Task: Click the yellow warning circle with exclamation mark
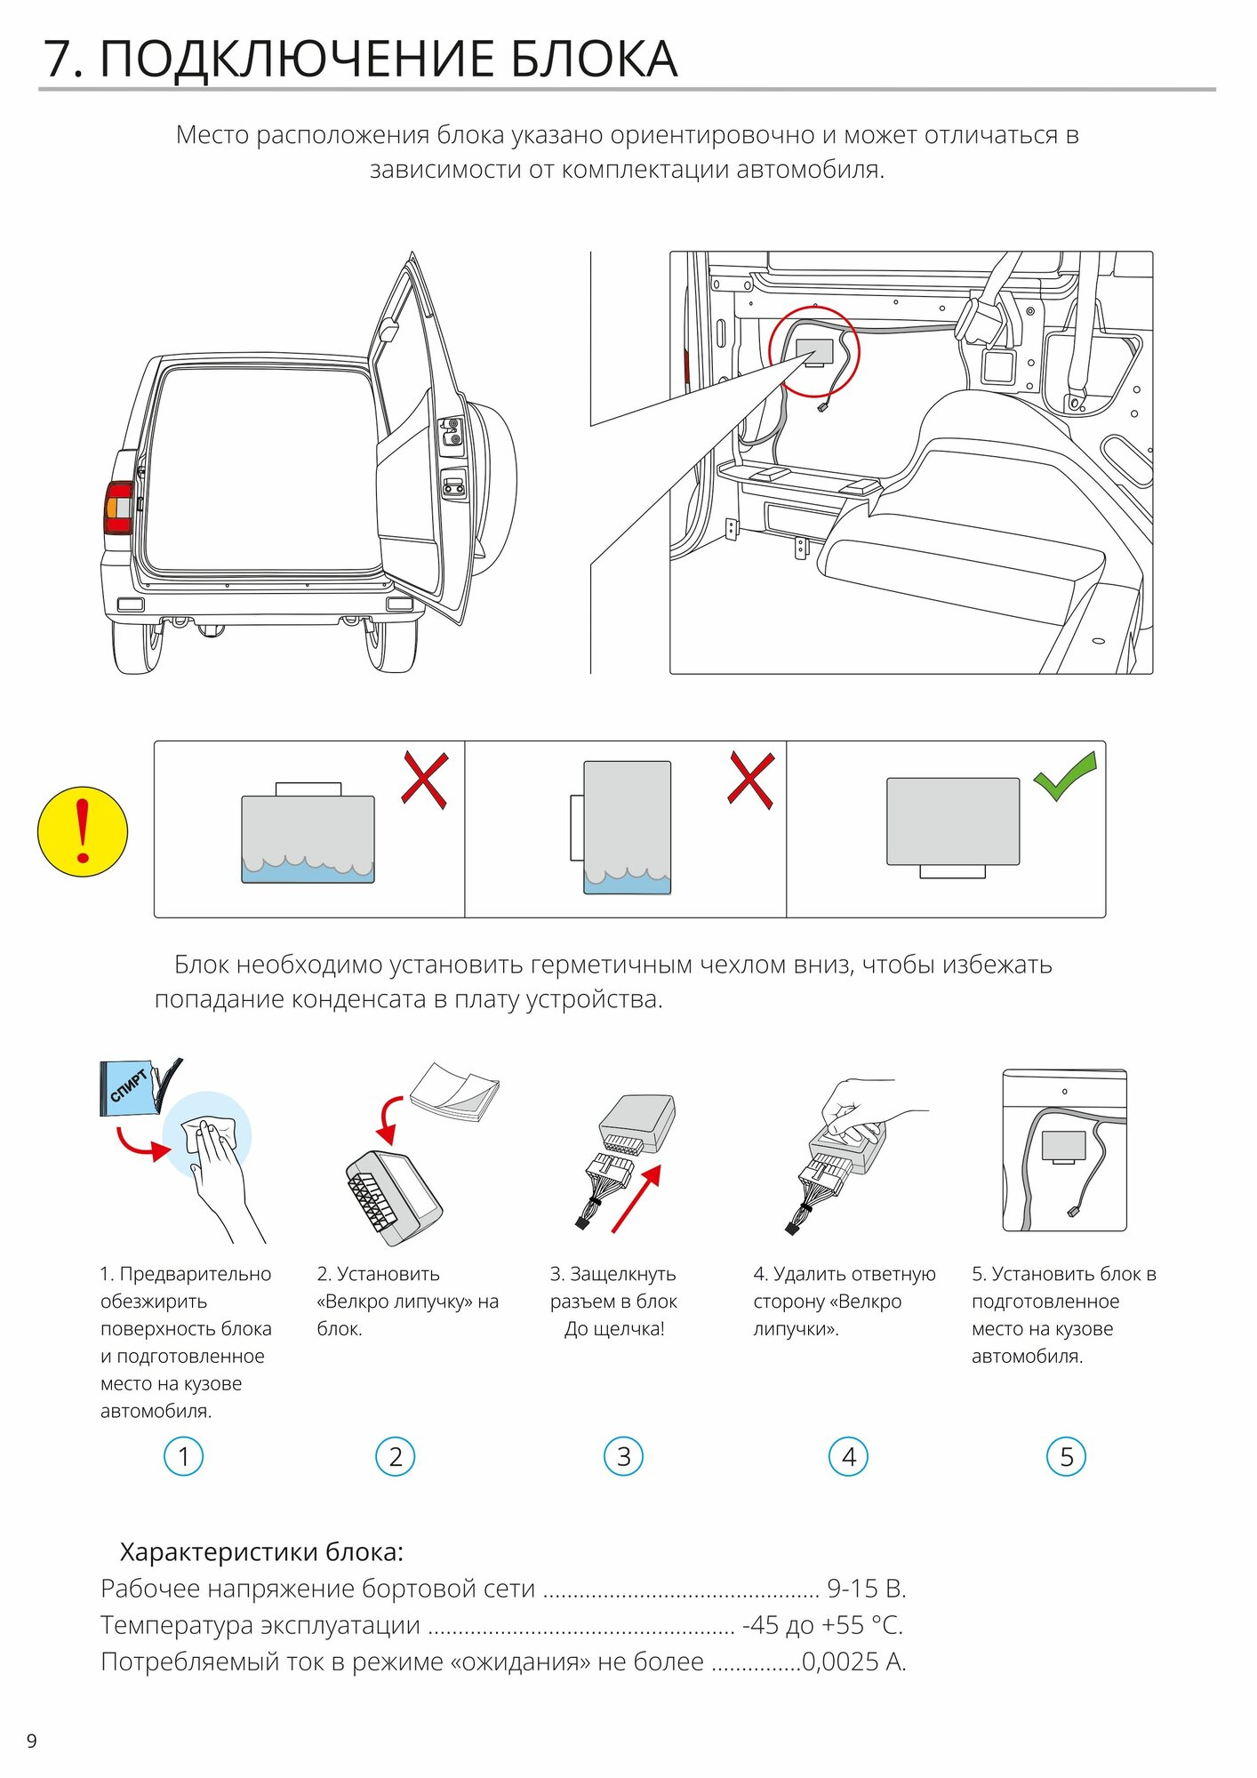point(83,831)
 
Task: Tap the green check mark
point(1065,775)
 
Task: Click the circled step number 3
point(623,1456)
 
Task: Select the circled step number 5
point(1066,1456)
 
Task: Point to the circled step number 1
point(184,1456)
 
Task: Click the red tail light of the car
point(118,508)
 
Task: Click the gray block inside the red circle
point(814,350)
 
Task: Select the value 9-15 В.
point(866,1588)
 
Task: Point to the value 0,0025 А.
point(853,1661)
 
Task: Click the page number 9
point(32,1741)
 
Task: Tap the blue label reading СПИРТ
point(128,1085)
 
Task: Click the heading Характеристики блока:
point(261,1551)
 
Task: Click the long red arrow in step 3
point(637,1198)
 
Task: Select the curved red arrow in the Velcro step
point(389,1118)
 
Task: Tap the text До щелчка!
point(614,1329)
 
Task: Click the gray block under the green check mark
point(953,821)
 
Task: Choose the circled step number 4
point(848,1456)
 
